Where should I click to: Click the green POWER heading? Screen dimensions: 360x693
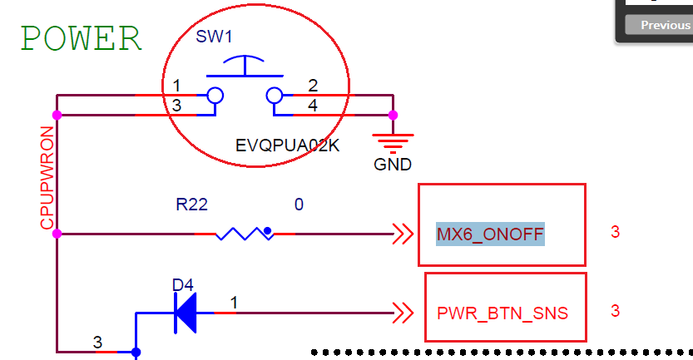(x=82, y=39)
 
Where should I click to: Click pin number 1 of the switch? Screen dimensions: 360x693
(x=177, y=86)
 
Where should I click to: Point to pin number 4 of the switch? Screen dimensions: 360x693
(x=312, y=105)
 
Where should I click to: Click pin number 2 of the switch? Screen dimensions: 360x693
(x=312, y=86)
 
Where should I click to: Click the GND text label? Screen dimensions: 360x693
(x=393, y=165)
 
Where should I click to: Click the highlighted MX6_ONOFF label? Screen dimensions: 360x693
(x=490, y=234)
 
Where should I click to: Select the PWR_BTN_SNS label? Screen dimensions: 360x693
(x=502, y=313)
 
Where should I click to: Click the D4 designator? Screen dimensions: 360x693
(x=183, y=285)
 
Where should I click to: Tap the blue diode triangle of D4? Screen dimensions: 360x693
(x=186, y=313)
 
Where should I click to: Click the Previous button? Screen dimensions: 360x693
(x=665, y=25)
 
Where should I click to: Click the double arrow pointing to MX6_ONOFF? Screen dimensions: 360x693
(x=403, y=234)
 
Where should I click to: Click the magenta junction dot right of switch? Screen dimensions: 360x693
(x=394, y=115)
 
